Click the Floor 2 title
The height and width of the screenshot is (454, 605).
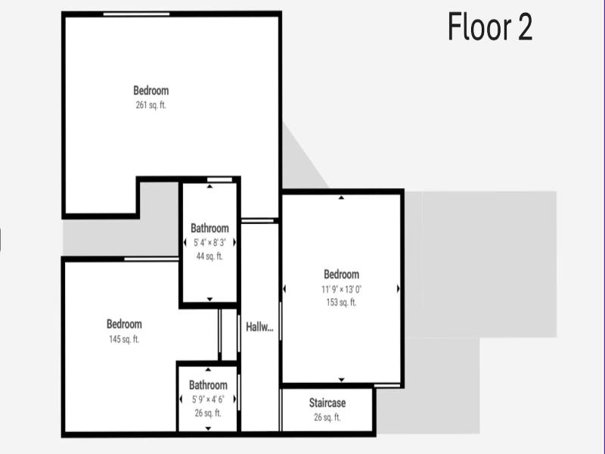coord(490,26)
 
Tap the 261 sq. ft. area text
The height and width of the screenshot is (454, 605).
coord(150,105)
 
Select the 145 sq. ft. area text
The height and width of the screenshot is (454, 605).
coord(124,339)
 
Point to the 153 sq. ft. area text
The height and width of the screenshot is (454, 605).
coord(341,302)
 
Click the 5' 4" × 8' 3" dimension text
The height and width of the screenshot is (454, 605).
coord(209,242)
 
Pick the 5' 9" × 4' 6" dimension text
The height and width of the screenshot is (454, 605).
coord(208,400)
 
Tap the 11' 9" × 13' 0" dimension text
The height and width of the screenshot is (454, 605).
coord(341,289)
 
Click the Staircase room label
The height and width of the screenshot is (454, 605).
coord(327,403)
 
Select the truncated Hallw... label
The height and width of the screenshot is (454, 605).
coord(259,328)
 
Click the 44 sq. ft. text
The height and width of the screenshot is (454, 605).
coord(209,256)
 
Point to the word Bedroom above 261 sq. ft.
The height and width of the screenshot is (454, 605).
coord(150,91)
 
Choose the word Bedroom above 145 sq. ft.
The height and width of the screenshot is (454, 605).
coord(124,324)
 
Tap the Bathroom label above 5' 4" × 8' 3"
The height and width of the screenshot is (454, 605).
coord(209,229)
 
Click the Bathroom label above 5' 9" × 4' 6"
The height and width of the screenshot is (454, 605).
coord(208,385)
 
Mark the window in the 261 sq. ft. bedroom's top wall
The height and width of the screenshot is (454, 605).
coord(136,14)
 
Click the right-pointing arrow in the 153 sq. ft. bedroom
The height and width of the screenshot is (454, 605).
coord(399,289)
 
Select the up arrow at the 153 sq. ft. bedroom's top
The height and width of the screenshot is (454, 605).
coord(341,197)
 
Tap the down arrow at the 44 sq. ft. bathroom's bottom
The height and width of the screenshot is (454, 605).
coord(209,299)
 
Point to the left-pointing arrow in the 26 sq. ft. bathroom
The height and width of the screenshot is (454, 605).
coord(181,400)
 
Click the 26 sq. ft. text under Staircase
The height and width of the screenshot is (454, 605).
coord(327,418)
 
